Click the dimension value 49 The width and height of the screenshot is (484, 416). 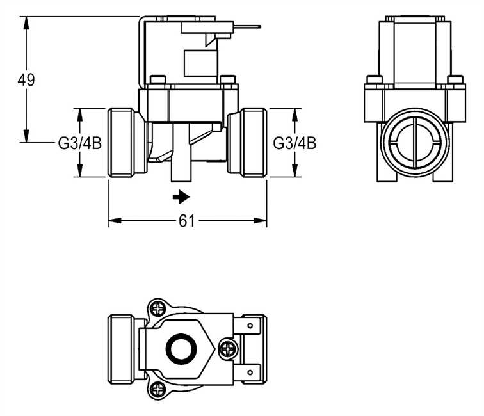26,80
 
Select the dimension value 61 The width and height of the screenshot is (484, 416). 186,221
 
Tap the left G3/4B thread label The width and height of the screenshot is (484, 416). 80,143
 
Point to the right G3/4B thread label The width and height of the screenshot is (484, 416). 294,143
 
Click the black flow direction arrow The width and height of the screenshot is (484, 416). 182,196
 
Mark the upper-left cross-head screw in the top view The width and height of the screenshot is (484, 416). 157,309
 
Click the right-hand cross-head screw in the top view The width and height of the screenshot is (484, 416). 227,349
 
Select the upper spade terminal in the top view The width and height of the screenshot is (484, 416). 251,326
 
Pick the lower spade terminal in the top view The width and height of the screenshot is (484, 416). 251,371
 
